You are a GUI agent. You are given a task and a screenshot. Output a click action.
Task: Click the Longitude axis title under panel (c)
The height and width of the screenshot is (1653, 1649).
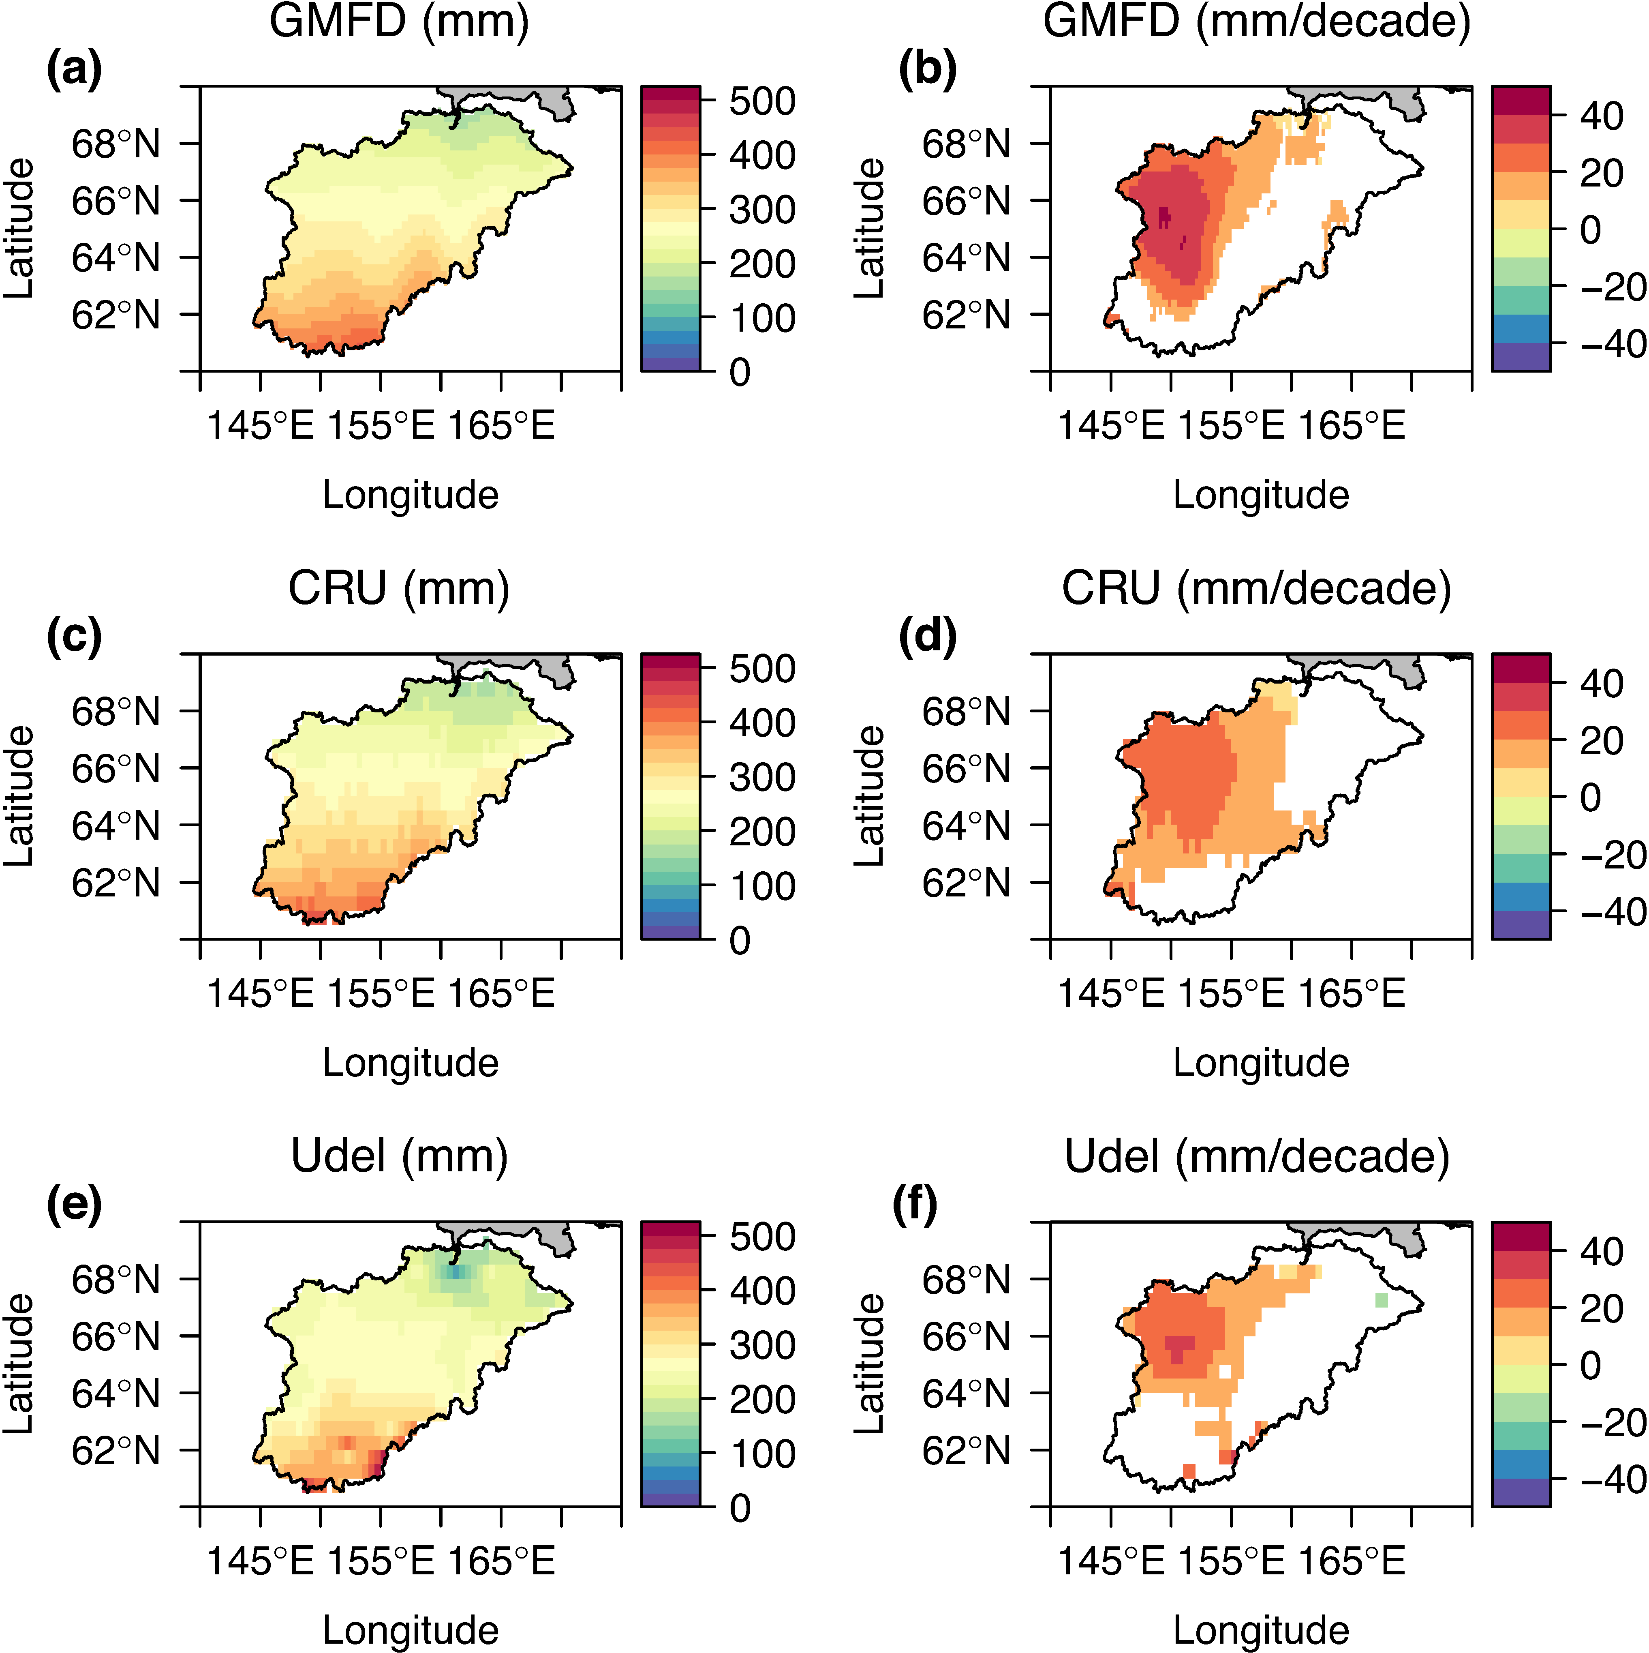click(411, 1063)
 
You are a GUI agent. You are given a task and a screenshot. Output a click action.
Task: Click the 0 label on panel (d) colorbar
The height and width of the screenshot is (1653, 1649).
click(1590, 798)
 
